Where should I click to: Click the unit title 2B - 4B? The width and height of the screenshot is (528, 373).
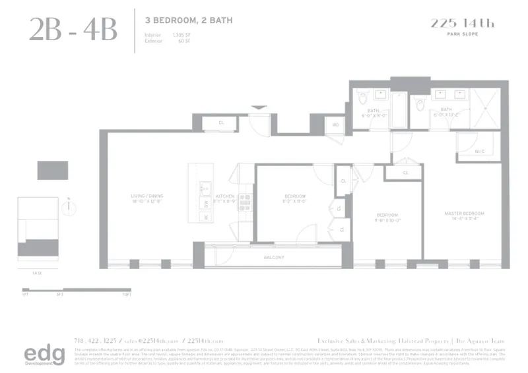tap(73, 30)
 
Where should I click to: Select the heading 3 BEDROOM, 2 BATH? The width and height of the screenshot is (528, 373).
tap(188, 20)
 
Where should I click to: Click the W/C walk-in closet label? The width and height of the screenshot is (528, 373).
tap(480, 152)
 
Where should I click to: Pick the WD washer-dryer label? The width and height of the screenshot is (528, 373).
tap(335, 124)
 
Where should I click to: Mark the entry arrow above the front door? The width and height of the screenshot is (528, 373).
tap(259, 107)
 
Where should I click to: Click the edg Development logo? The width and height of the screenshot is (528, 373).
tap(45, 354)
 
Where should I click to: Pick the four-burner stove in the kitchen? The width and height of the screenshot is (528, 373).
tap(244, 202)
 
